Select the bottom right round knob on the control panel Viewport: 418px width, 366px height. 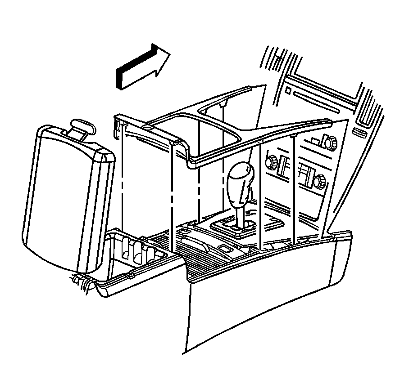[320, 182]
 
